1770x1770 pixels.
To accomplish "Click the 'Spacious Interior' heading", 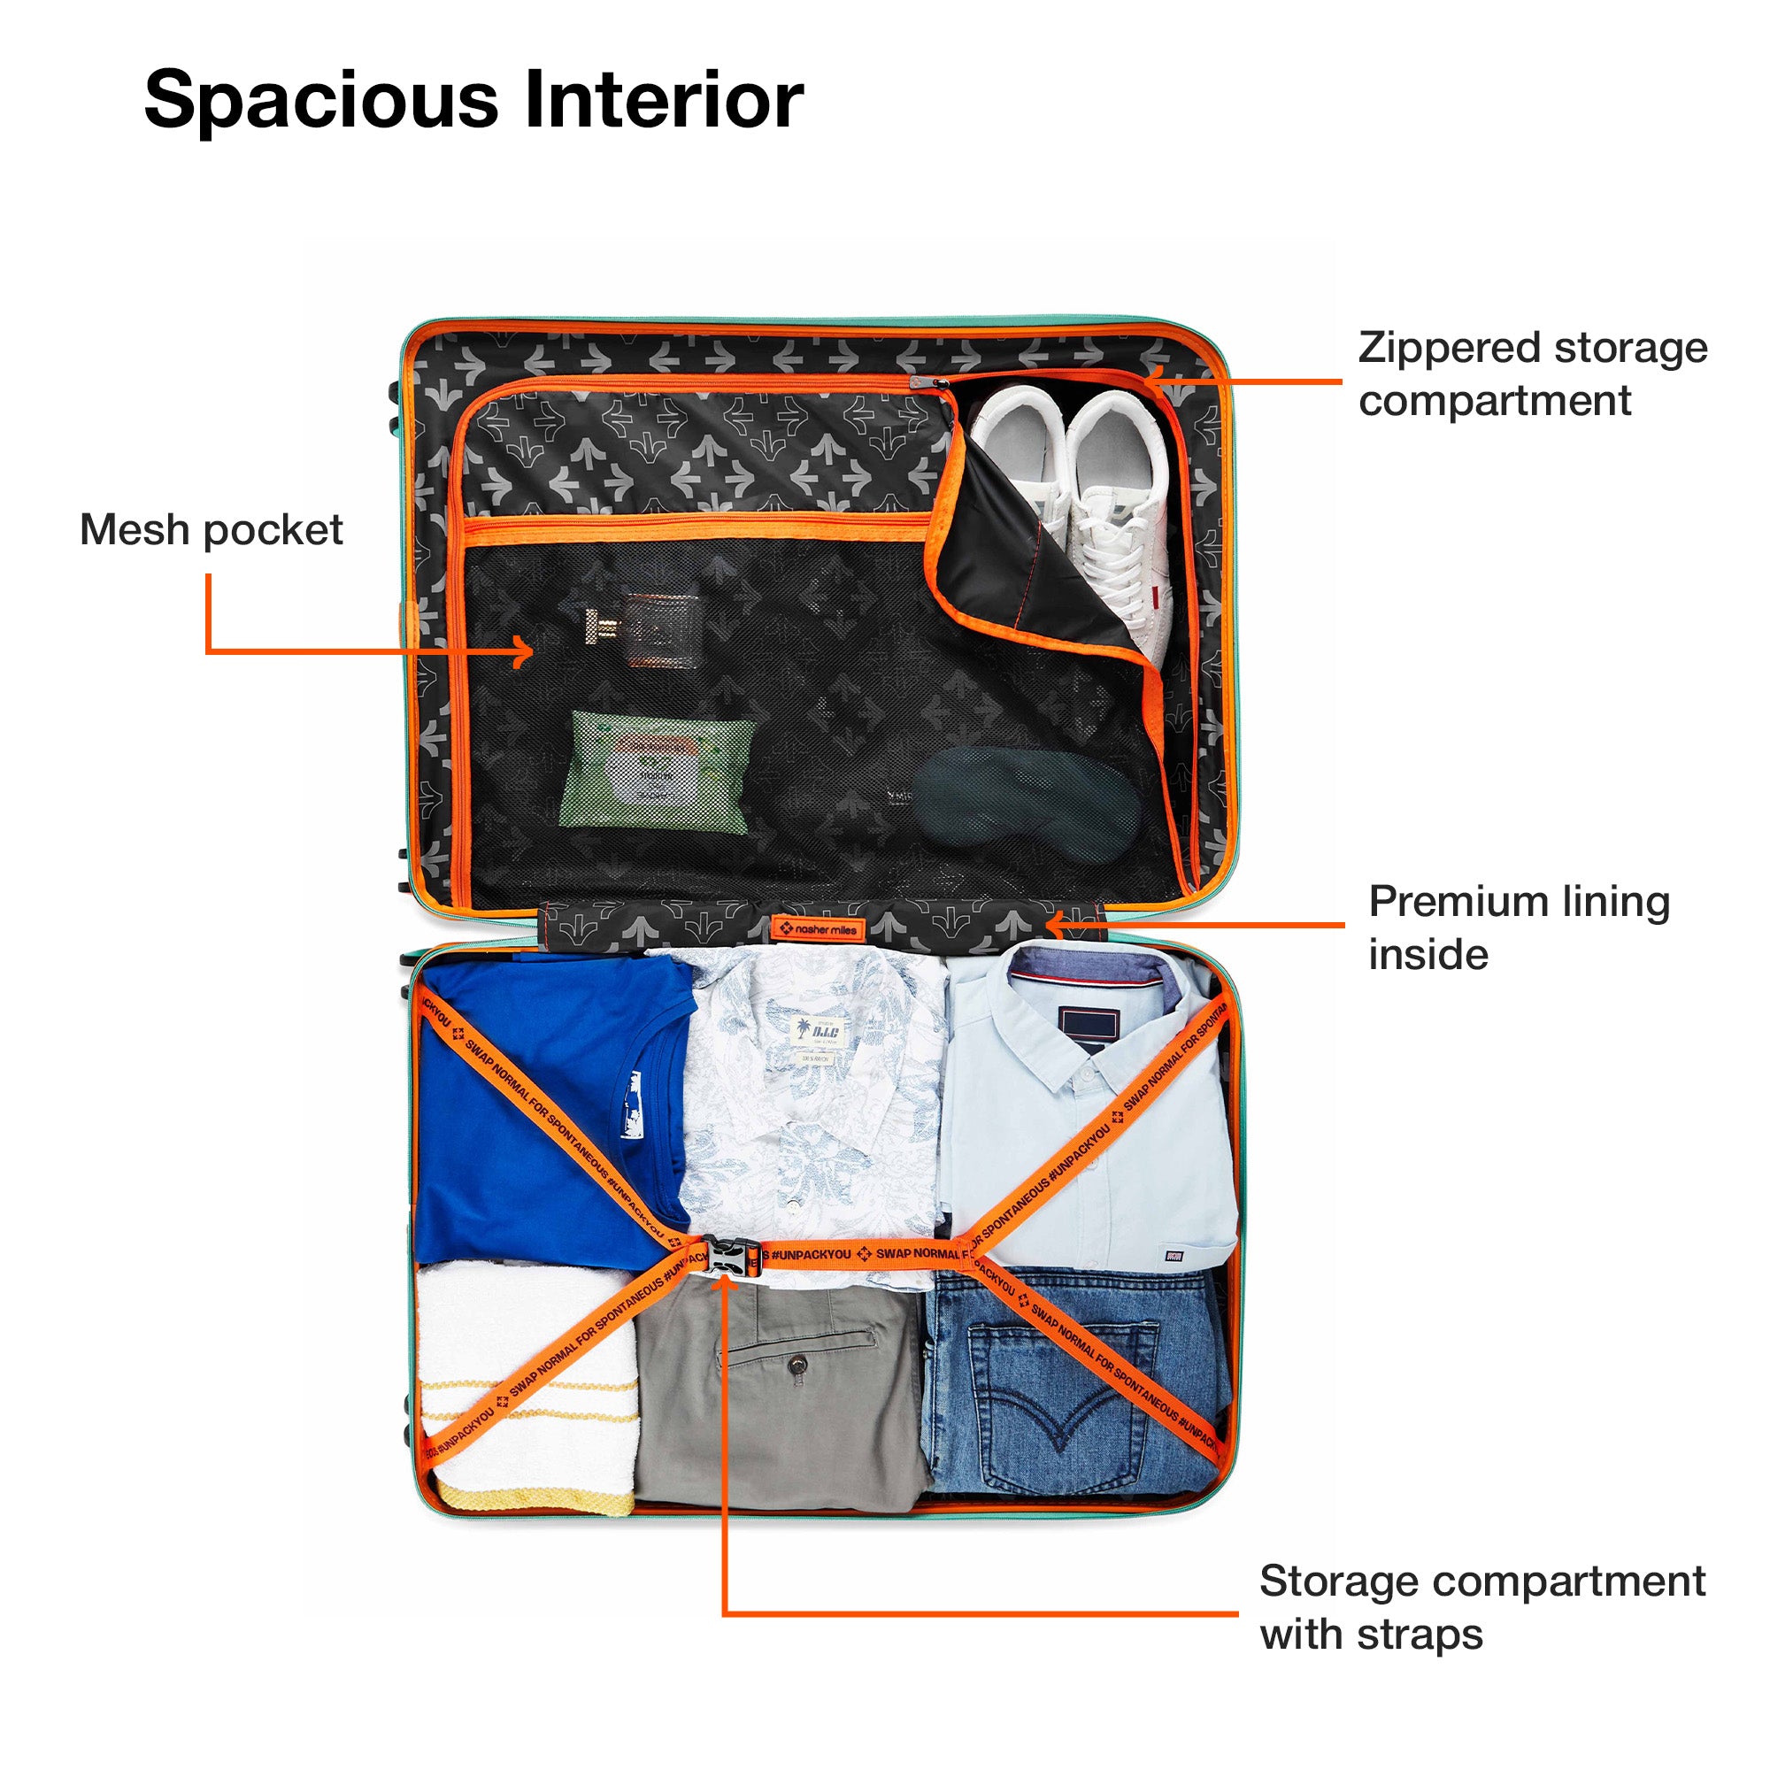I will [x=473, y=100].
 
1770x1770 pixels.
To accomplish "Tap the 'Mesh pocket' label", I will [x=211, y=529].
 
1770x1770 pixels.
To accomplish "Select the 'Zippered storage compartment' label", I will [x=1532, y=373].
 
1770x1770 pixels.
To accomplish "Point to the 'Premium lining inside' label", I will [x=1518, y=927].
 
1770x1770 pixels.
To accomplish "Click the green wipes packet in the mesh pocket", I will [x=657, y=772].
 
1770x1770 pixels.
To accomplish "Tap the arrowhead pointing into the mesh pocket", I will [x=526, y=652].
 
